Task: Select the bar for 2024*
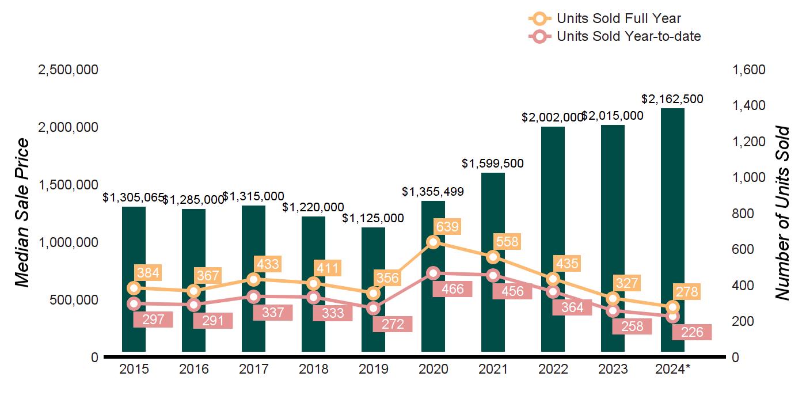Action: point(672,230)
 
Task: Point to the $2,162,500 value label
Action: point(673,99)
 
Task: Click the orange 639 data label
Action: point(447,227)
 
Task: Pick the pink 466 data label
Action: point(452,289)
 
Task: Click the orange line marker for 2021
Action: point(493,257)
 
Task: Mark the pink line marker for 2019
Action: point(373,308)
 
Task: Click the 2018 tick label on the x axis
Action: point(313,369)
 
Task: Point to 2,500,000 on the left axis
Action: point(68,70)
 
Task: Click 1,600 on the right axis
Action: point(748,70)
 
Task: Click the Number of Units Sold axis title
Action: point(782,213)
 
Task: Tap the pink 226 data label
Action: point(691,332)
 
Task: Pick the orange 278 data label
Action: point(687,292)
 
